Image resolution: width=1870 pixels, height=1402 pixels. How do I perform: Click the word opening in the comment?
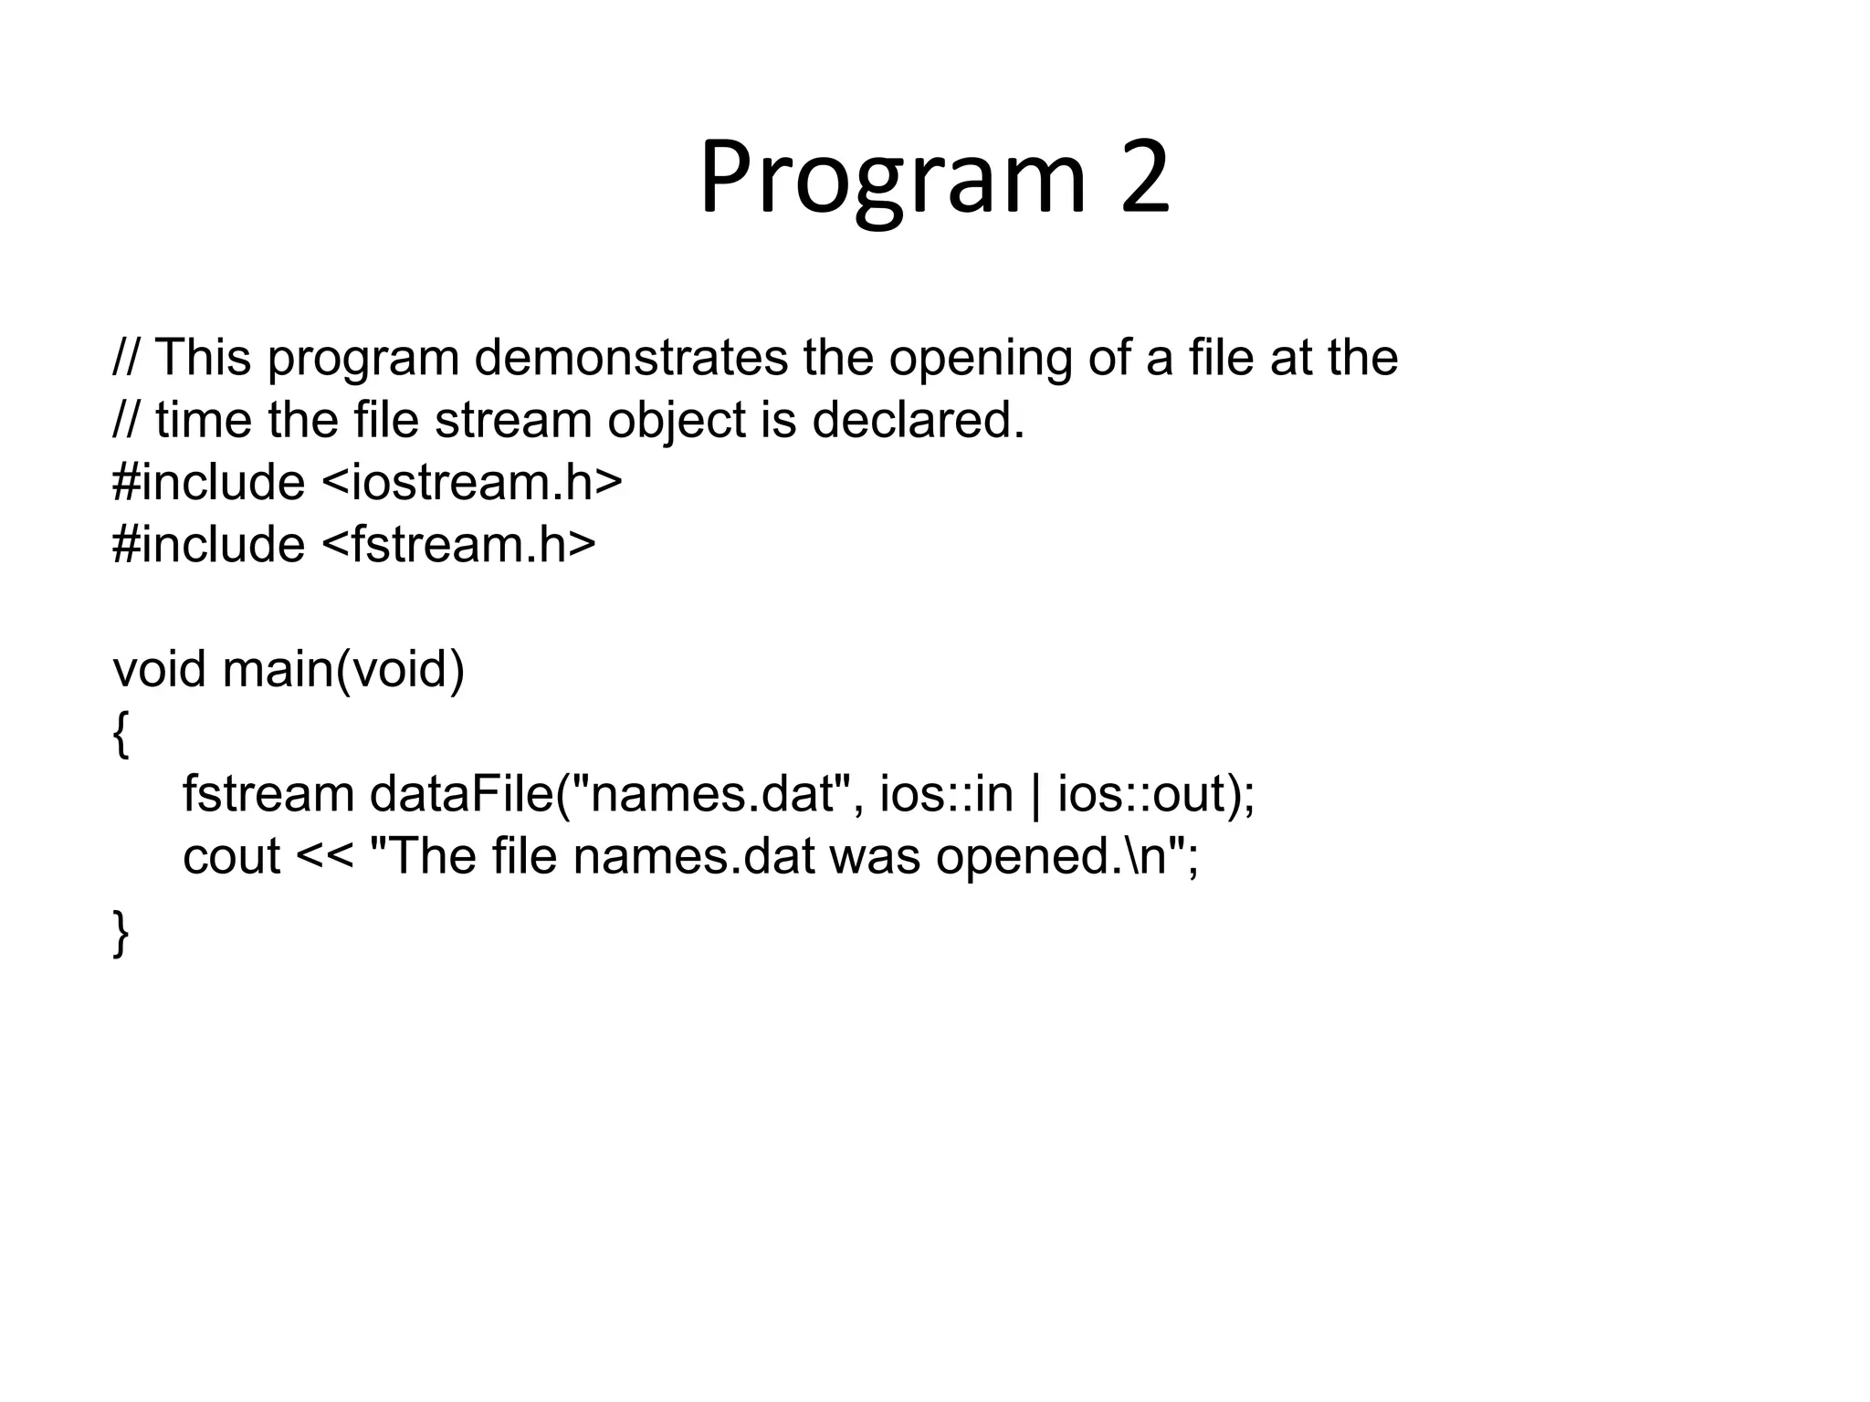(981, 359)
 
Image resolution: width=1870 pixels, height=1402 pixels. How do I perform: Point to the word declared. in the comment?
(919, 421)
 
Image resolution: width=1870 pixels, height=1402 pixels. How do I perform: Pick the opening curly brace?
(121, 734)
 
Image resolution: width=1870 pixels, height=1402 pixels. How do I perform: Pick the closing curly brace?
(121, 932)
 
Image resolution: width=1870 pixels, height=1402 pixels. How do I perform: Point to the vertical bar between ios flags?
(1035, 795)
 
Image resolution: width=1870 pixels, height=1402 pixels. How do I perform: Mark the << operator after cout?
(324, 858)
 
